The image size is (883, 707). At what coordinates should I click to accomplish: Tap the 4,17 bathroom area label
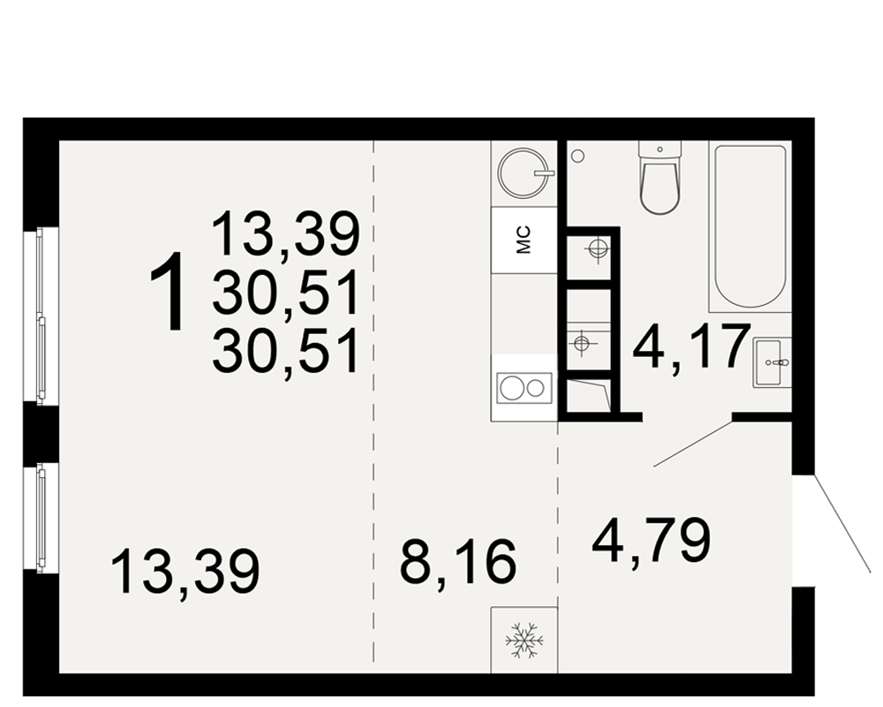(x=691, y=346)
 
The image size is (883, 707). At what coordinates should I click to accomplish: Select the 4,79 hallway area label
(x=652, y=540)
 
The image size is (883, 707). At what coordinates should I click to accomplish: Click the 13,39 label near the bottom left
(x=185, y=572)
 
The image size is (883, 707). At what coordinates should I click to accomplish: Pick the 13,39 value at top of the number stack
(x=285, y=232)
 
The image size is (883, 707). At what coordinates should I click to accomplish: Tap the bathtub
(x=750, y=226)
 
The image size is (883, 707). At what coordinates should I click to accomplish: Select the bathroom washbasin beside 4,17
(x=772, y=362)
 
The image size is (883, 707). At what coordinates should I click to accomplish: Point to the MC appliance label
(x=524, y=240)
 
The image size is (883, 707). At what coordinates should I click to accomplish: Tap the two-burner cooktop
(x=525, y=388)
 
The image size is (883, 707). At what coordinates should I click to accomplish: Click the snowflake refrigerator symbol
(x=525, y=641)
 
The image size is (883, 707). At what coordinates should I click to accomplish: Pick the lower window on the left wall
(x=41, y=518)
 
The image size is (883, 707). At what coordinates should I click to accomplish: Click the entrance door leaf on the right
(x=841, y=524)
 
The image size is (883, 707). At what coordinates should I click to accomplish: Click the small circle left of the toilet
(x=577, y=156)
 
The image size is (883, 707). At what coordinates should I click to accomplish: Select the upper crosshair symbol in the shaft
(x=597, y=248)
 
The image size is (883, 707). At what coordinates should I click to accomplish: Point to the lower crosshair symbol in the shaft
(x=581, y=342)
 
